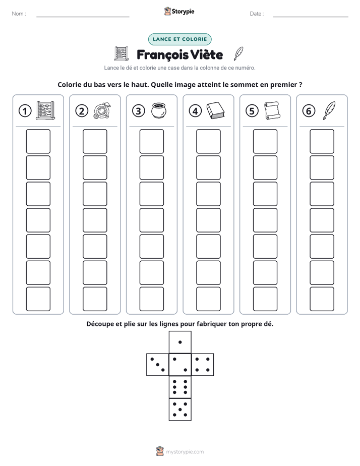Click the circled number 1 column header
pos(25,111)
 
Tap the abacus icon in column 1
pos(45,110)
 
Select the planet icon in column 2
pos(102,111)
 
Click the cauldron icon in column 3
pos(159,110)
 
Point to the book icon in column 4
pos(216,111)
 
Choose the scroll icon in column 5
pos(272,110)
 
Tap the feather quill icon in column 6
pos(329,110)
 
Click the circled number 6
pos(309,111)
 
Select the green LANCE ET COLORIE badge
pos(179,39)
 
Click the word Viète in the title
pos(206,54)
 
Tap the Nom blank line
pos(83,17)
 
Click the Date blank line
pos(311,17)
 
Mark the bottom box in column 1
pos(38,299)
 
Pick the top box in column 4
pos(208,141)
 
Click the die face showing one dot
pos(180,342)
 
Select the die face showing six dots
pos(180,387)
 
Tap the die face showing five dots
pos(180,410)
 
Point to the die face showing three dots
pos(158,364)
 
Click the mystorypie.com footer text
pos(185,452)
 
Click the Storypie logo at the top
pos(179,11)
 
